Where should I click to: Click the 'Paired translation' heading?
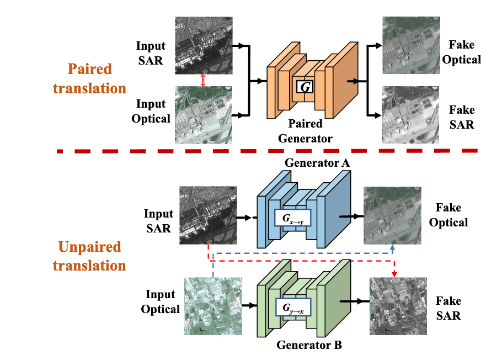coord(89,79)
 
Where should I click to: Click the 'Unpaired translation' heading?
coord(89,256)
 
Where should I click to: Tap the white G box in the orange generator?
coord(304,87)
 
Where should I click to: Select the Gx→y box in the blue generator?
coord(292,218)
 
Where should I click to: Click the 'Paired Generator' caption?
coord(305,131)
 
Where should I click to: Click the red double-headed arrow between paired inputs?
coord(202,81)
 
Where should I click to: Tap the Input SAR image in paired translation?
coord(202,45)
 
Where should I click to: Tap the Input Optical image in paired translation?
coord(202,115)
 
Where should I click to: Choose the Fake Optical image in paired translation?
coord(411,45)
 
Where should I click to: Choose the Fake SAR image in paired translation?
coord(411,115)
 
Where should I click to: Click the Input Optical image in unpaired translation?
coord(213,306)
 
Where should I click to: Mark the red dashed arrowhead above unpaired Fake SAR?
coord(394,274)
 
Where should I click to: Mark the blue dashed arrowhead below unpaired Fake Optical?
coord(392,248)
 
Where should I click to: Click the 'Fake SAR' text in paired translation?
coord(461,117)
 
